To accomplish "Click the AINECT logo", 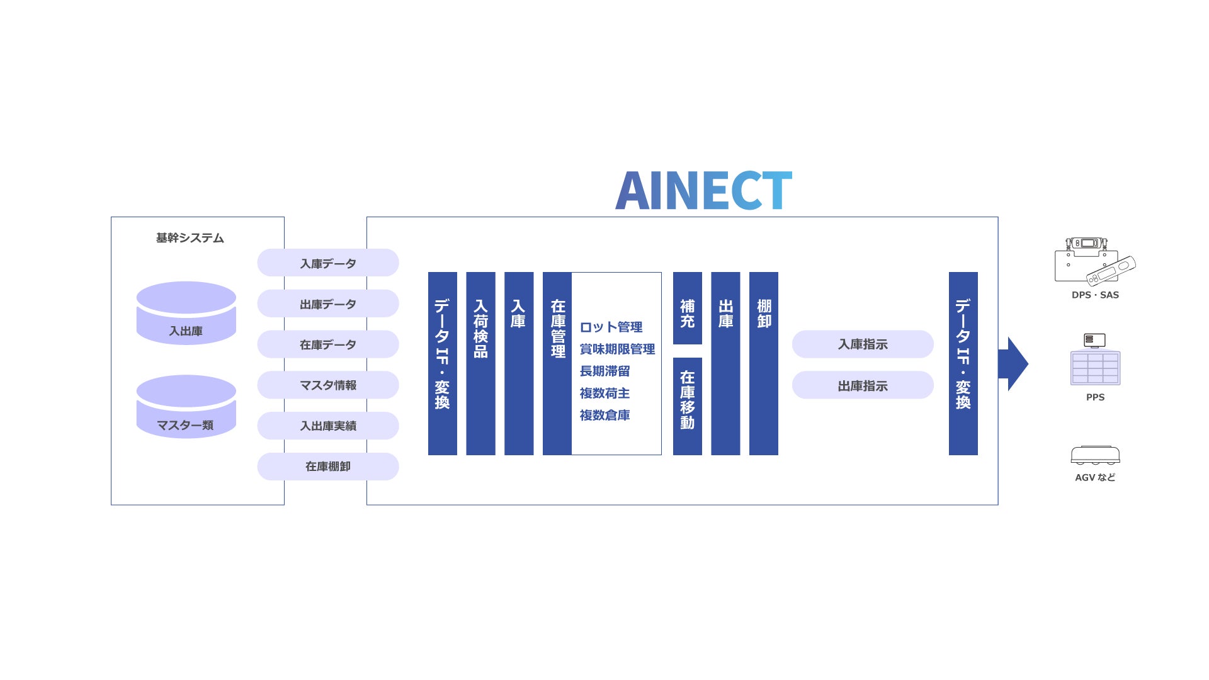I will [703, 190].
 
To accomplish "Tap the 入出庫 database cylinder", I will [186, 314].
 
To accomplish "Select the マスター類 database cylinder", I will [186, 407].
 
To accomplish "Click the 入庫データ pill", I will [328, 263].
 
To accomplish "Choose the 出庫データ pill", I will [328, 304].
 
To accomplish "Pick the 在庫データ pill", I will [328, 344].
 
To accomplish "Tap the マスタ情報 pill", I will [328, 385].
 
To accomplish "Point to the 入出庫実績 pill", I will [328, 426].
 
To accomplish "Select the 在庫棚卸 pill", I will [328, 467].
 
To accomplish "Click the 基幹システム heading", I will [190, 238].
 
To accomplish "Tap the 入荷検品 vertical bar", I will [480, 363].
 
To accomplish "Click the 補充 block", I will [687, 308].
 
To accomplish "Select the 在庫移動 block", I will [687, 406].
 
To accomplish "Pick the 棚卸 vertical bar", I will [763, 363].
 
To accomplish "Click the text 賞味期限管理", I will [617, 349].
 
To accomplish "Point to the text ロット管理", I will [611, 327].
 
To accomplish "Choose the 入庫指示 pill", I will [863, 344].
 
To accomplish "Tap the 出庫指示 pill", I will [863, 385].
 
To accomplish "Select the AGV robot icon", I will [1095, 455].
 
